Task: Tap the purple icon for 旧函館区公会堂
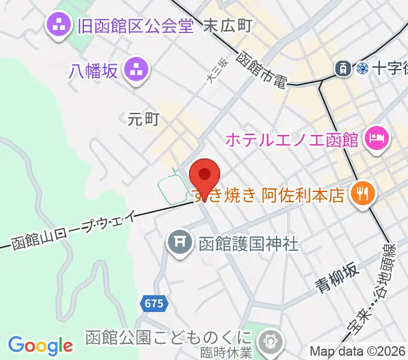tap(59, 25)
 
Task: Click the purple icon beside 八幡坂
tap(136, 70)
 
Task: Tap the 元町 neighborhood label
tap(143, 119)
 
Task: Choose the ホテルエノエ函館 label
tap(292, 140)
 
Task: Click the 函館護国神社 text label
tap(248, 243)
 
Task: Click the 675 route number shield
tap(154, 304)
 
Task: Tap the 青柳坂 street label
tap(338, 277)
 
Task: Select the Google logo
tap(40, 346)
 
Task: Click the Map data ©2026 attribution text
tap(358, 352)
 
